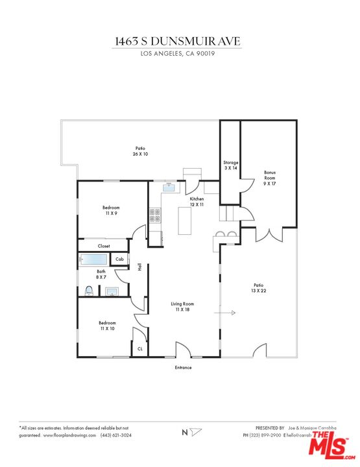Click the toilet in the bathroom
89,290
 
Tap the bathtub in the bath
96,260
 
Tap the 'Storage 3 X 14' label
231,165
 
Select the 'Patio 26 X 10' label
141,151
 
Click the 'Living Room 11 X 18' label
182,307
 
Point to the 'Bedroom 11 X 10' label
107,326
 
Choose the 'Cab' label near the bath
119,259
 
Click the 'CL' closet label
139,349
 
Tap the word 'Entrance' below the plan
183,368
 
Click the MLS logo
330,446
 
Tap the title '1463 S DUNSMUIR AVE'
177,41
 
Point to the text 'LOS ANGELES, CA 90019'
177,54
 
